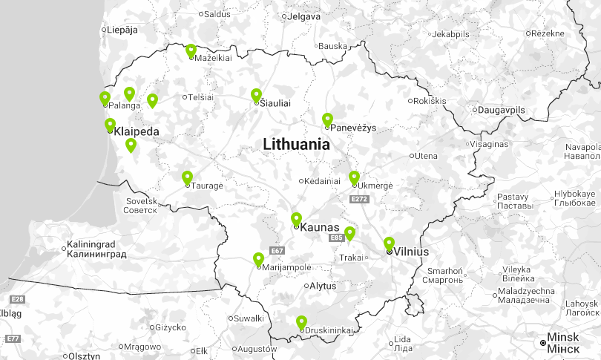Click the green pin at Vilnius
tap(389, 243)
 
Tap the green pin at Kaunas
tap(296, 218)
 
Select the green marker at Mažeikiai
tap(191, 50)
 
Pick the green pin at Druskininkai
tap(301, 322)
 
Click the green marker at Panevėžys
tap(327, 119)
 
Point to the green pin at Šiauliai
tap(256, 95)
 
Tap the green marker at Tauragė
tap(187, 177)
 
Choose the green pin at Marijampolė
tap(258, 259)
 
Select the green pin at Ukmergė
tap(354, 177)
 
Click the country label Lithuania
tap(296, 145)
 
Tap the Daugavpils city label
tap(501, 110)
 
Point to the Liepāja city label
tap(122, 30)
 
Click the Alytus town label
tap(323, 285)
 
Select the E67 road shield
tap(277, 251)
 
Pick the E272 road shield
tap(359, 199)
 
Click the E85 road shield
tap(336, 238)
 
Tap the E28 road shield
tap(17, 299)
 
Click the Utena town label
tap(426, 156)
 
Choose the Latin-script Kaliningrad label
tap(91, 244)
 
